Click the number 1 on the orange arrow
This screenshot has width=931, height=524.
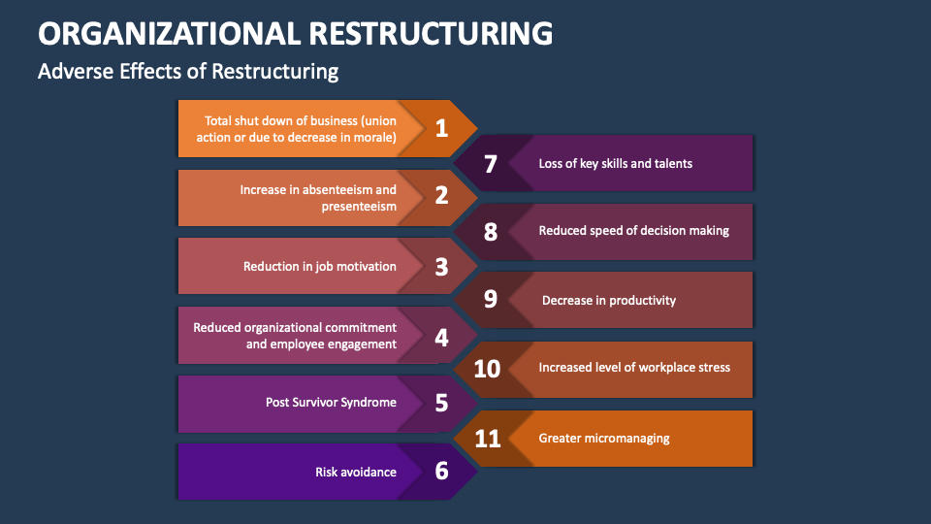tap(441, 128)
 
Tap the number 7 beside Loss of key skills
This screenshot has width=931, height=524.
tap(490, 164)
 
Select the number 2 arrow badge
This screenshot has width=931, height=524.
tap(441, 197)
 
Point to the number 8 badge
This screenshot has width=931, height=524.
tap(490, 232)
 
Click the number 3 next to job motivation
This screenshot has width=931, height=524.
tap(441, 266)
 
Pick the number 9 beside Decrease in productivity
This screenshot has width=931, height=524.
tap(490, 300)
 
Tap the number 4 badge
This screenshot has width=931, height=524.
tap(441, 337)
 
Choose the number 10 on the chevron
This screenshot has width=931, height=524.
tap(487, 369)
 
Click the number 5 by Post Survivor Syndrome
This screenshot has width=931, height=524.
tap(441, 403)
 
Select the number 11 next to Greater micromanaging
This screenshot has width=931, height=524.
tap(488, 439)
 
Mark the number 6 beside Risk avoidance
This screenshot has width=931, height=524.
tap(441, 472)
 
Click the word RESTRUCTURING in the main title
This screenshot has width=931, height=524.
tap(431, 33)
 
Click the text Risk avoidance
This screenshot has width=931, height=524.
tap(355, 472)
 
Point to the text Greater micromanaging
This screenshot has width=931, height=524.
tap(604, 438)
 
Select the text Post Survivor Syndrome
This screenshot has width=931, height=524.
tap(331, 402)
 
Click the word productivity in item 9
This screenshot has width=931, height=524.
tap(641, 300)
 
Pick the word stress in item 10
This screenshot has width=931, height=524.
tap(713, 368)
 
